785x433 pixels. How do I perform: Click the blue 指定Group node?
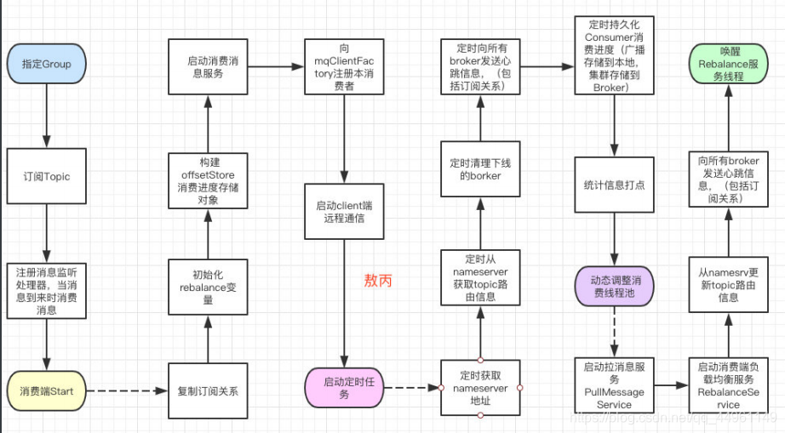pos(46,64)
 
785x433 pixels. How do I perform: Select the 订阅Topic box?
pos(46,177)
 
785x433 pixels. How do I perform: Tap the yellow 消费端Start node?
pos(46,391)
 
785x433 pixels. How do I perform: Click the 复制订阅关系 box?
pos(209,391)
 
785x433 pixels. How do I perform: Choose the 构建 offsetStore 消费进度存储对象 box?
pos(209,178)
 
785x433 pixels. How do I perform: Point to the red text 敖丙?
pos(378,280)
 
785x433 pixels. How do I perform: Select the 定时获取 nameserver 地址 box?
pos(480,388)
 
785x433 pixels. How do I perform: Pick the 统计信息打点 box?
pos(613,185)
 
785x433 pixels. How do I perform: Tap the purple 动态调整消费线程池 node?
pos(613,286)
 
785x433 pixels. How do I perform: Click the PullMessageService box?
pos(613,388)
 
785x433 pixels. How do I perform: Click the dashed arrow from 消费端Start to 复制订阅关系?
pos(125,391)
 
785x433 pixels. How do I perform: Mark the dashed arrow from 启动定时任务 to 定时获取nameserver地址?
pos(411,389)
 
